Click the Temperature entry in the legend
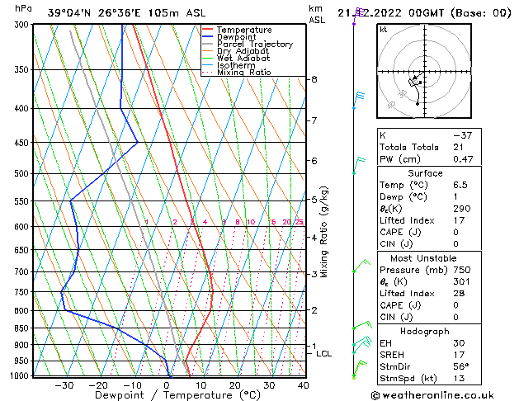click(244, 30)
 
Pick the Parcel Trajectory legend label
click(254, 45)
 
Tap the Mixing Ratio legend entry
click(243, 73)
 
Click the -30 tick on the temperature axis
click(64, 385)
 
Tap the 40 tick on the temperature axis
click(303, 385)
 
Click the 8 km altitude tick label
click(314, 79)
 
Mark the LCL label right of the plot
click(324, 354)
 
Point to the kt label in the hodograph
click(383, 29)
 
